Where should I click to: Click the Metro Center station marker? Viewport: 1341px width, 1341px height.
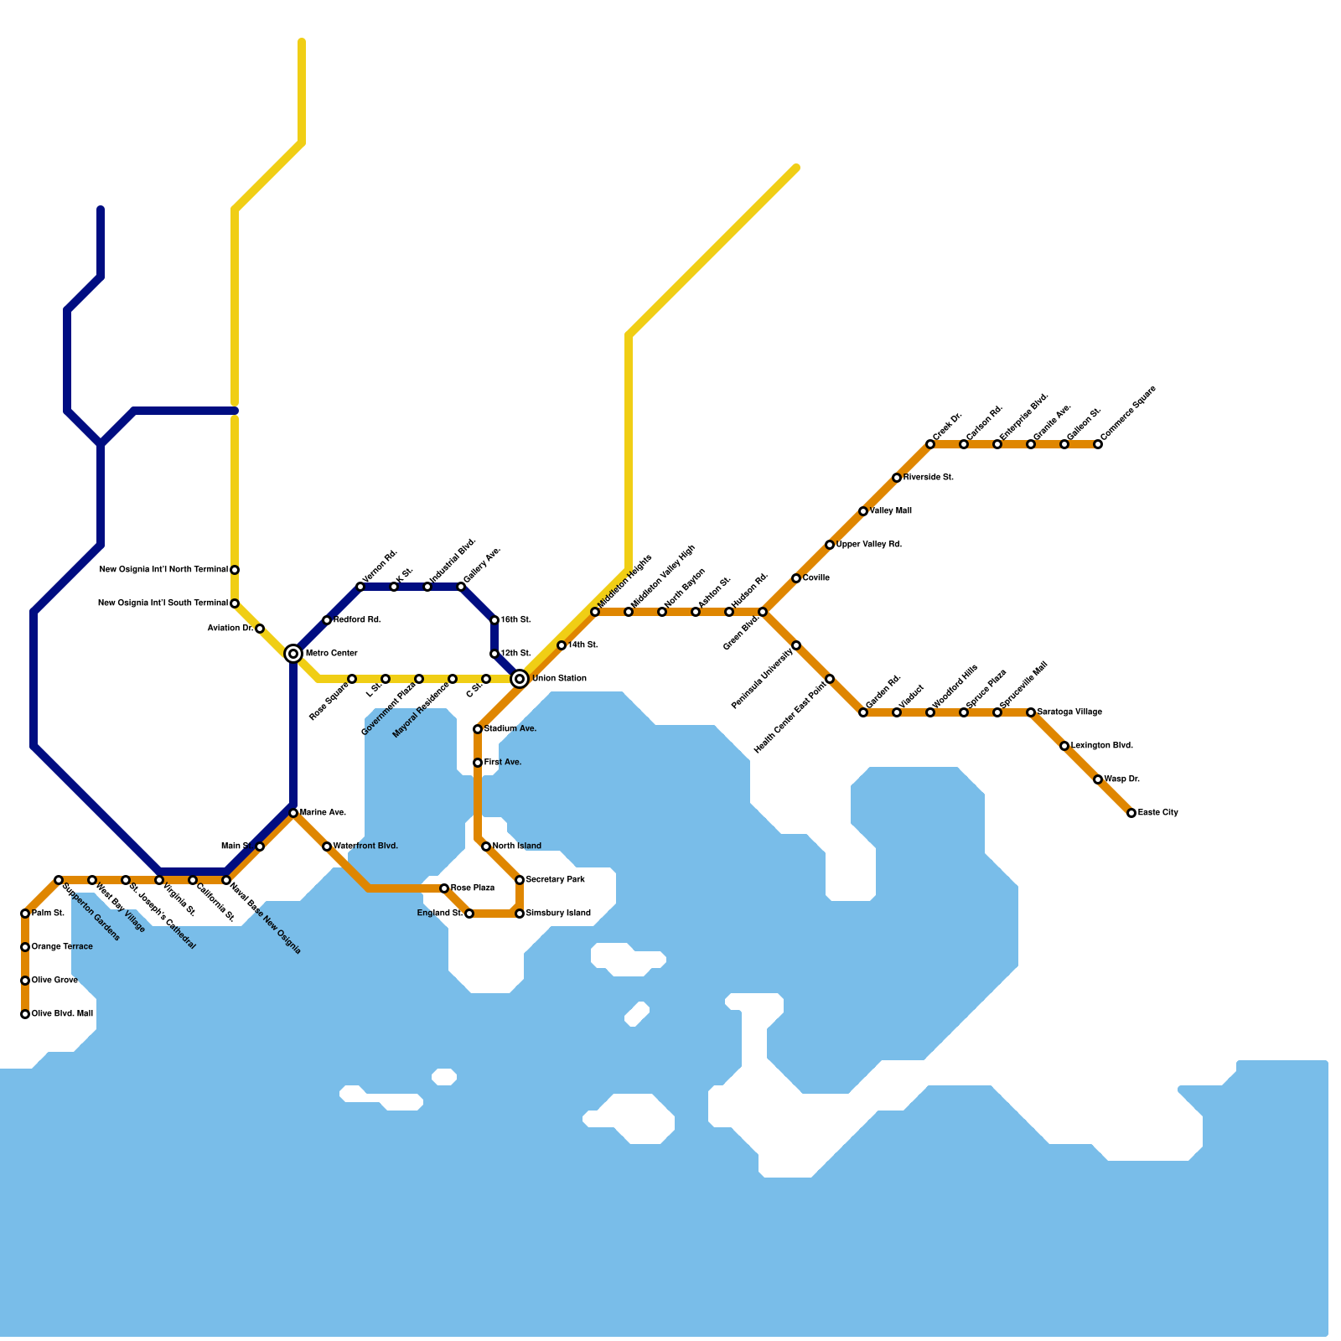(293, 654)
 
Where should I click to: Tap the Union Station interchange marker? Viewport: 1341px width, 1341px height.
(520, 679)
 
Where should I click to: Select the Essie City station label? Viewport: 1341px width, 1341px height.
(1157, 813)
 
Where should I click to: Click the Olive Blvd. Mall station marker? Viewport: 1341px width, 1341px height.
(25, 1014)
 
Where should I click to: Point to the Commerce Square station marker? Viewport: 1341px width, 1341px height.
(1098, 444)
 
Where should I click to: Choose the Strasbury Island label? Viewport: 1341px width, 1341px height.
(558, 914)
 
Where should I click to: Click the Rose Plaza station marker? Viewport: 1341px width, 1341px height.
(444, 888)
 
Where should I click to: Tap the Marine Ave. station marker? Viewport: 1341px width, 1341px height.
(293, 813)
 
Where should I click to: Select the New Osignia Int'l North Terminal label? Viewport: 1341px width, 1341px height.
(163, 570)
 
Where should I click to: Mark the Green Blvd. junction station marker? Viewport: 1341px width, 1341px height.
(763, 612)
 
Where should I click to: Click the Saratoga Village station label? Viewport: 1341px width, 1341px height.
(1069, 712)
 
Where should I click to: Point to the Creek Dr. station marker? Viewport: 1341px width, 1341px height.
(930, 444)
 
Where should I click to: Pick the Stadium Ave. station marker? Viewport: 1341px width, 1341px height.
(478, 729)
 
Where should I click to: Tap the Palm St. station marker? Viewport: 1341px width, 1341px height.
(25, 914)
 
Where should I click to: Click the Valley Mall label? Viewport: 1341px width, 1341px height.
(890, 511)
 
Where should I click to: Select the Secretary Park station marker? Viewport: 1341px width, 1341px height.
(520, 880)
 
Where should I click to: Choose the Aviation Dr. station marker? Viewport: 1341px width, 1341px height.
(260, 629)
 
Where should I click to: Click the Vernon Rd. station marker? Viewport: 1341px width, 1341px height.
(360, 587)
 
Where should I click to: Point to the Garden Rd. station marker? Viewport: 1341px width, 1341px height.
(863, 712)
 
